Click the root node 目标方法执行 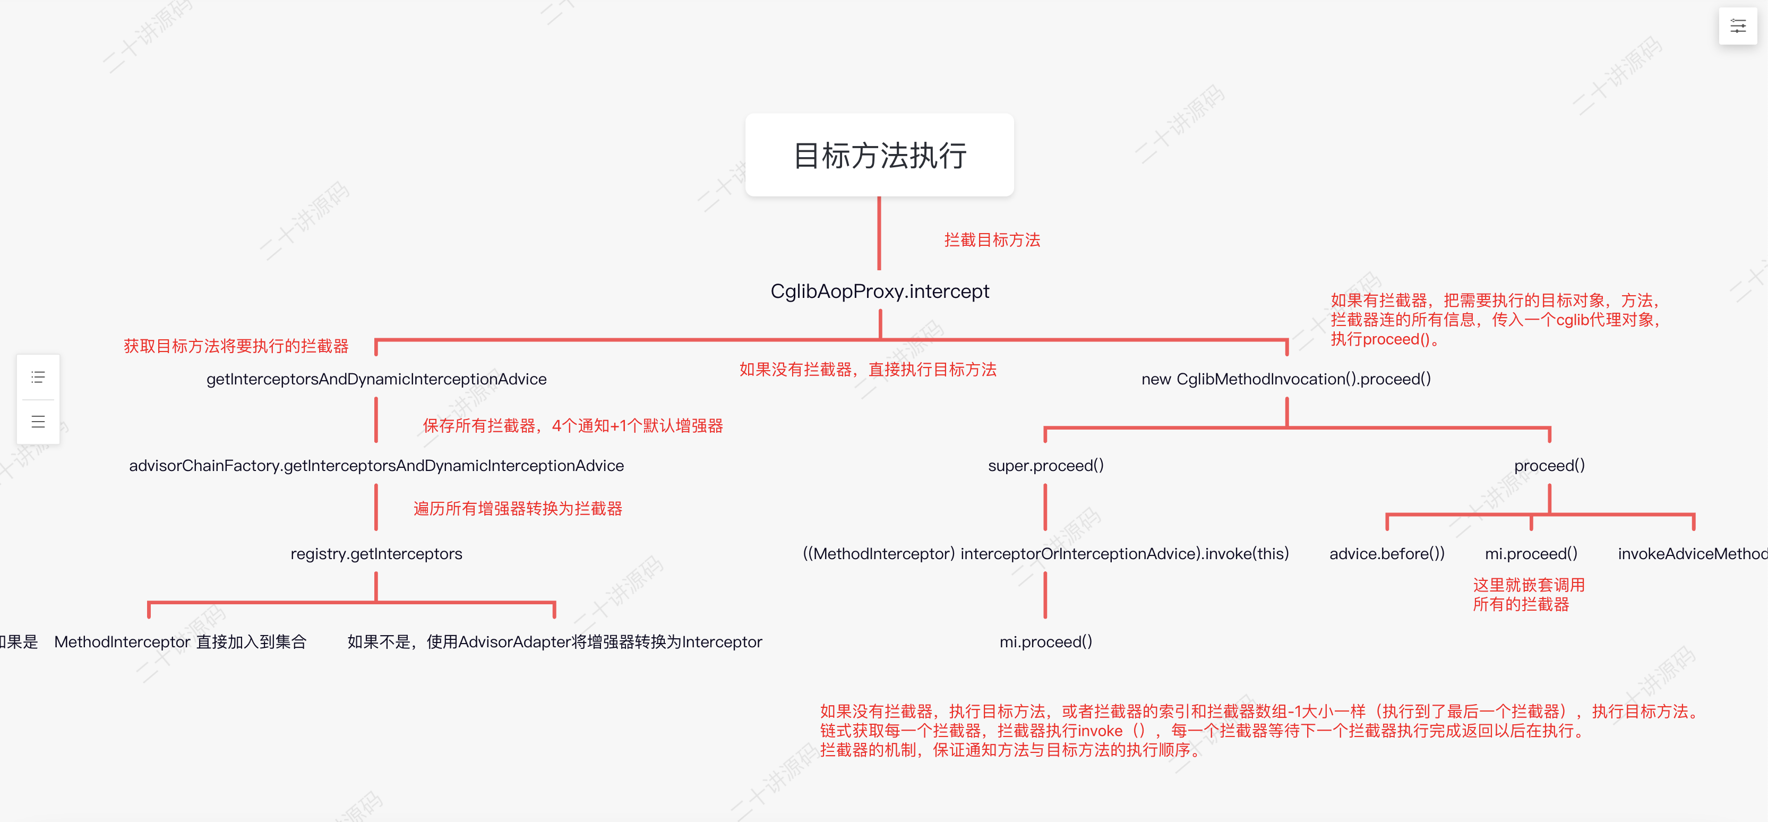tap(879, 155)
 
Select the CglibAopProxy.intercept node tap(879, 291)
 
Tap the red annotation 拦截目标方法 tap(992, 239)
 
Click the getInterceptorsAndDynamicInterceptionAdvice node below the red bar tap(376, 379)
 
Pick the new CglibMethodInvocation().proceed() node tap(1285, 379)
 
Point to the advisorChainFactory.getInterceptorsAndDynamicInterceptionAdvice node tap(376, 466)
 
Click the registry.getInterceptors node tap(376, 553)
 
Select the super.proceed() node tap(1045, 466)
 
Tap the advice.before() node tap(1386, 553)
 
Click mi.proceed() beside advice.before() tap(1531, 553)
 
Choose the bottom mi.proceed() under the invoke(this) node tap(1045, 641)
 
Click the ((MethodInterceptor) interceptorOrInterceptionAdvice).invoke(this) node tap(1045, 553)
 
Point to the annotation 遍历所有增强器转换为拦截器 tap(518, 509)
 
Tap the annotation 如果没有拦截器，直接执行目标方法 tap(868, 370)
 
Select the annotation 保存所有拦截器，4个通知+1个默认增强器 tap(572, 426)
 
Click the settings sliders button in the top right tap(1738, 26)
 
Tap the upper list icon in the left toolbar tap(38, 377)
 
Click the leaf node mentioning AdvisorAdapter tap(555, 641)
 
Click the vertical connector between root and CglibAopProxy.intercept tap(879, 234)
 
